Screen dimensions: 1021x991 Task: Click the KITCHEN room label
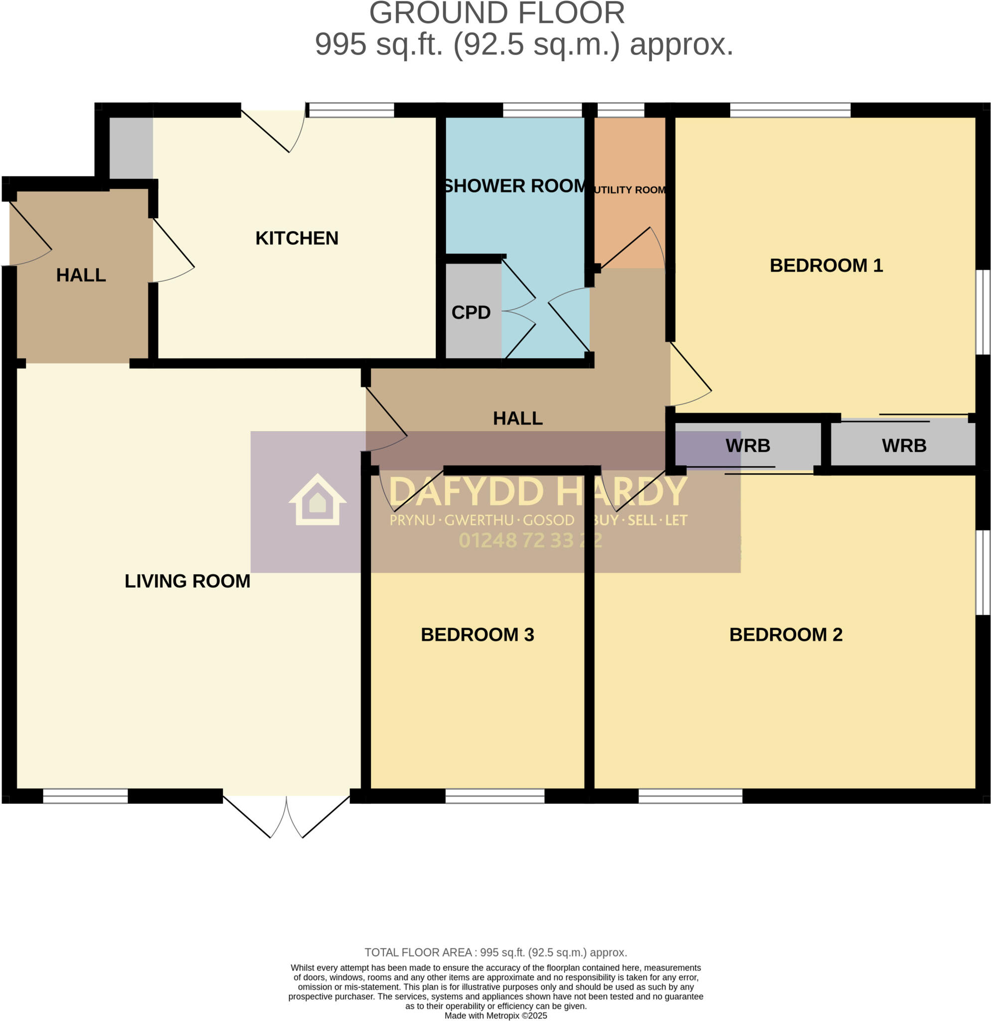click(x=296, y=238)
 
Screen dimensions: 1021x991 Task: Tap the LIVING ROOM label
click(x=187, y=581)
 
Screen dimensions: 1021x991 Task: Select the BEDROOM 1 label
click(x=826, y=265)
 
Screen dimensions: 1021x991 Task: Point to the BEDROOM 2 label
click(x=785, y=635)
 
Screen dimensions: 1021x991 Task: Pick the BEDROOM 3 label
click(x=477, y=635)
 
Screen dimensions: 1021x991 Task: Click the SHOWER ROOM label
click(x=514, y=186)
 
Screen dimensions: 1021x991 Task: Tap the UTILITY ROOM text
click(x=629, y=190)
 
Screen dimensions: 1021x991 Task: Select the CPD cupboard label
click(x=471, y=313)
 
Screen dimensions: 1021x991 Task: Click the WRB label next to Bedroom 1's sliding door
click(x=904, y=446)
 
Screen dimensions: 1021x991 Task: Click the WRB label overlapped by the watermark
click(x=747, y=446)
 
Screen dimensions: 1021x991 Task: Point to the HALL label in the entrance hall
click(x=81, y=275)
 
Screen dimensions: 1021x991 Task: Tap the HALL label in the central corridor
click(x=517, y=418)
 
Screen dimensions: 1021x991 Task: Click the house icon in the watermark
click(x=317, y=500)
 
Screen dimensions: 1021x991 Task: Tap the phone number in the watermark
click(x=529, y=541)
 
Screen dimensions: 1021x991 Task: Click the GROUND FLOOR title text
click(x=496, y=13)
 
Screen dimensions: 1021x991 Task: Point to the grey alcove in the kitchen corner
click(x=131, y=148)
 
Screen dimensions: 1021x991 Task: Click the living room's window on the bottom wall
click(x=85, y=796)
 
